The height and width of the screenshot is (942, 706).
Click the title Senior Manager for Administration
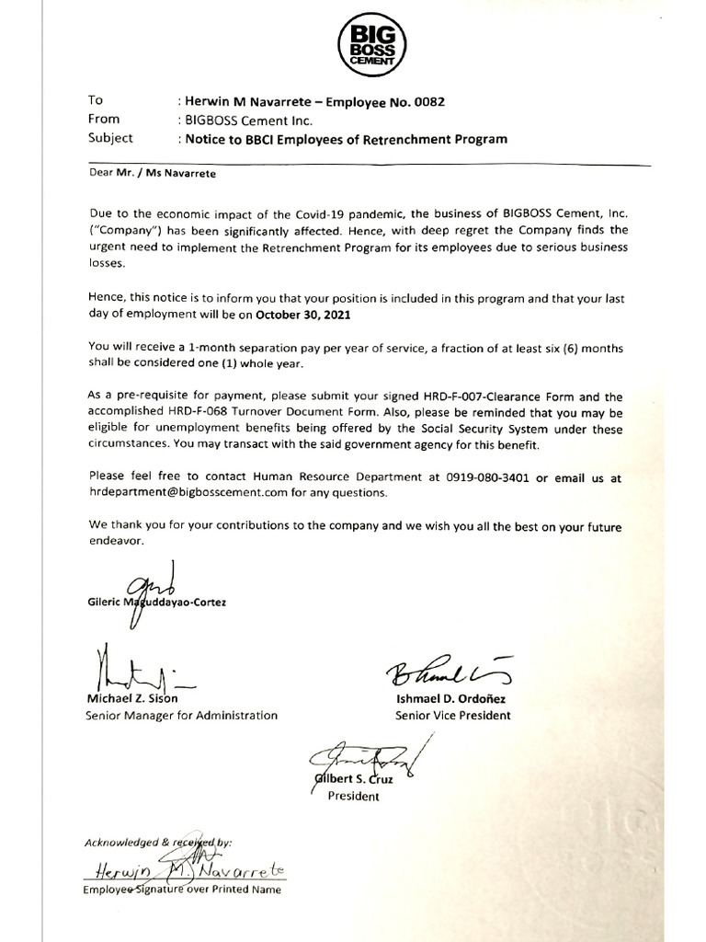click(x=181, y=715)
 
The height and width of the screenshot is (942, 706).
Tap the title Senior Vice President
click(x=452, y=715)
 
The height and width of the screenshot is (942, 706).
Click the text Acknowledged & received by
click(x=158, y=841)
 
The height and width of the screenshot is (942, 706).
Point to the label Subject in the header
click(x=110, y=139)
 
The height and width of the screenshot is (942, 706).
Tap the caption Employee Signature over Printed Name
click(x=182, y=890)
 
